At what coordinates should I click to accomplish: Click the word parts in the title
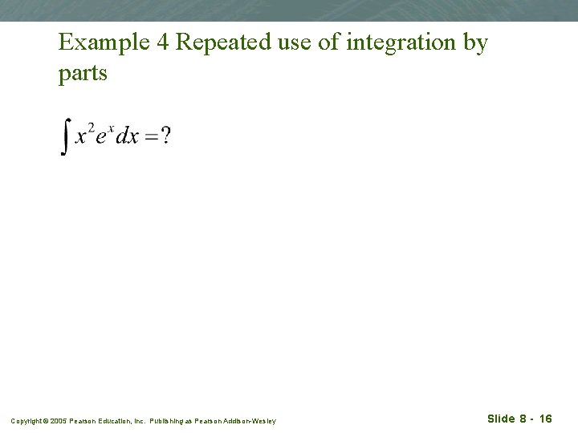[82, 74]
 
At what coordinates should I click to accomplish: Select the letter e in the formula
[101, 137]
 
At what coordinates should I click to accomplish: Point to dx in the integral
[128, 136]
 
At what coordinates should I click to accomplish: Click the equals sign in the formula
[151, 136]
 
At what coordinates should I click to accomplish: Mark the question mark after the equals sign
[165, 136]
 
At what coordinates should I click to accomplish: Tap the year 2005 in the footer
[59, 421]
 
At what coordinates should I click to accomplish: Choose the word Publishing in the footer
[168, 421]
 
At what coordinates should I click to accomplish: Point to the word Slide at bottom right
[501, 419]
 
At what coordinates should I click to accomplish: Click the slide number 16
[545, 419]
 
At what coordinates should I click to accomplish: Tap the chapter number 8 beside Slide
[523, 419]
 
